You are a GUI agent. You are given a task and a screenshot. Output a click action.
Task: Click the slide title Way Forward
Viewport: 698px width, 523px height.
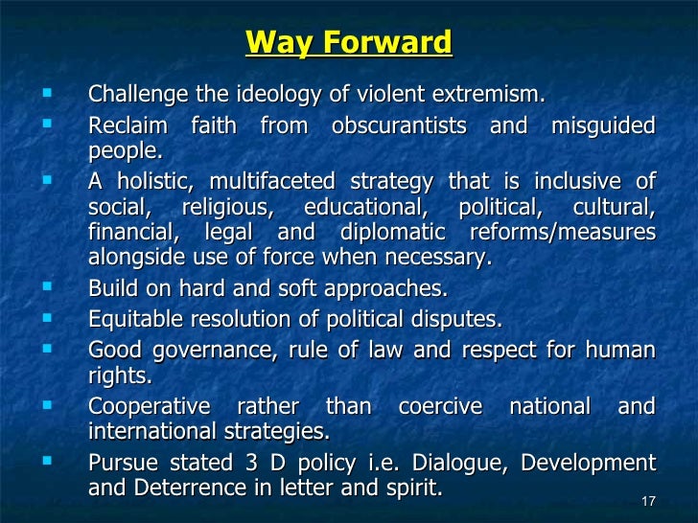[348, 43]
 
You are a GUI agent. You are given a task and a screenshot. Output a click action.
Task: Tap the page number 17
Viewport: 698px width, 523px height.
[645, 501]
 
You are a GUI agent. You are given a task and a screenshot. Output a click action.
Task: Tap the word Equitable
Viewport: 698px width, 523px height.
[134, 320]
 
